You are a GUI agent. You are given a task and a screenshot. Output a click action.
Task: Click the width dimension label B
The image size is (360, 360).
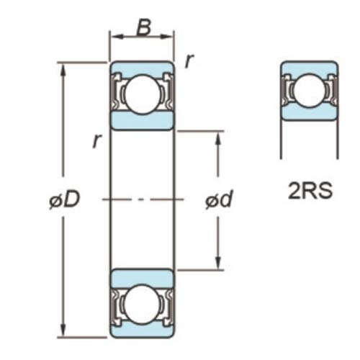143,29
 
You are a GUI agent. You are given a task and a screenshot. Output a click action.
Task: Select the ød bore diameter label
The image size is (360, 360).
217,201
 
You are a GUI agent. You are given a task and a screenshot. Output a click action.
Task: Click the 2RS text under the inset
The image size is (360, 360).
309,192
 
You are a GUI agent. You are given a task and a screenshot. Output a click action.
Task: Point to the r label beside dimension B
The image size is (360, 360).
189,61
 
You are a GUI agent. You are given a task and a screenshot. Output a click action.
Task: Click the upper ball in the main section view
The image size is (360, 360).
142,94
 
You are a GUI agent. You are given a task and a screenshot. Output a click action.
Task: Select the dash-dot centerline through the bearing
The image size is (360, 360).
142,199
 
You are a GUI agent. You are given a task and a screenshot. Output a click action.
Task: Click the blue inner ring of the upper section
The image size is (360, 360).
142,121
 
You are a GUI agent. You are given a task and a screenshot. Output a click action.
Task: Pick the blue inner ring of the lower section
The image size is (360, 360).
142,277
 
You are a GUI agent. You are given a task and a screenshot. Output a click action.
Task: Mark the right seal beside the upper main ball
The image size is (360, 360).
166,94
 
